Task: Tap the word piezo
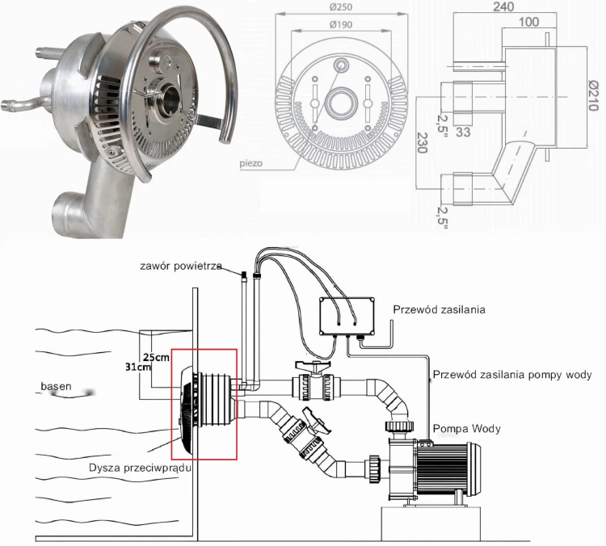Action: pyautogui.click(x=251, y=162)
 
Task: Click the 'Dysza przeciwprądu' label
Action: pyautogui.click(x=139, y=468)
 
